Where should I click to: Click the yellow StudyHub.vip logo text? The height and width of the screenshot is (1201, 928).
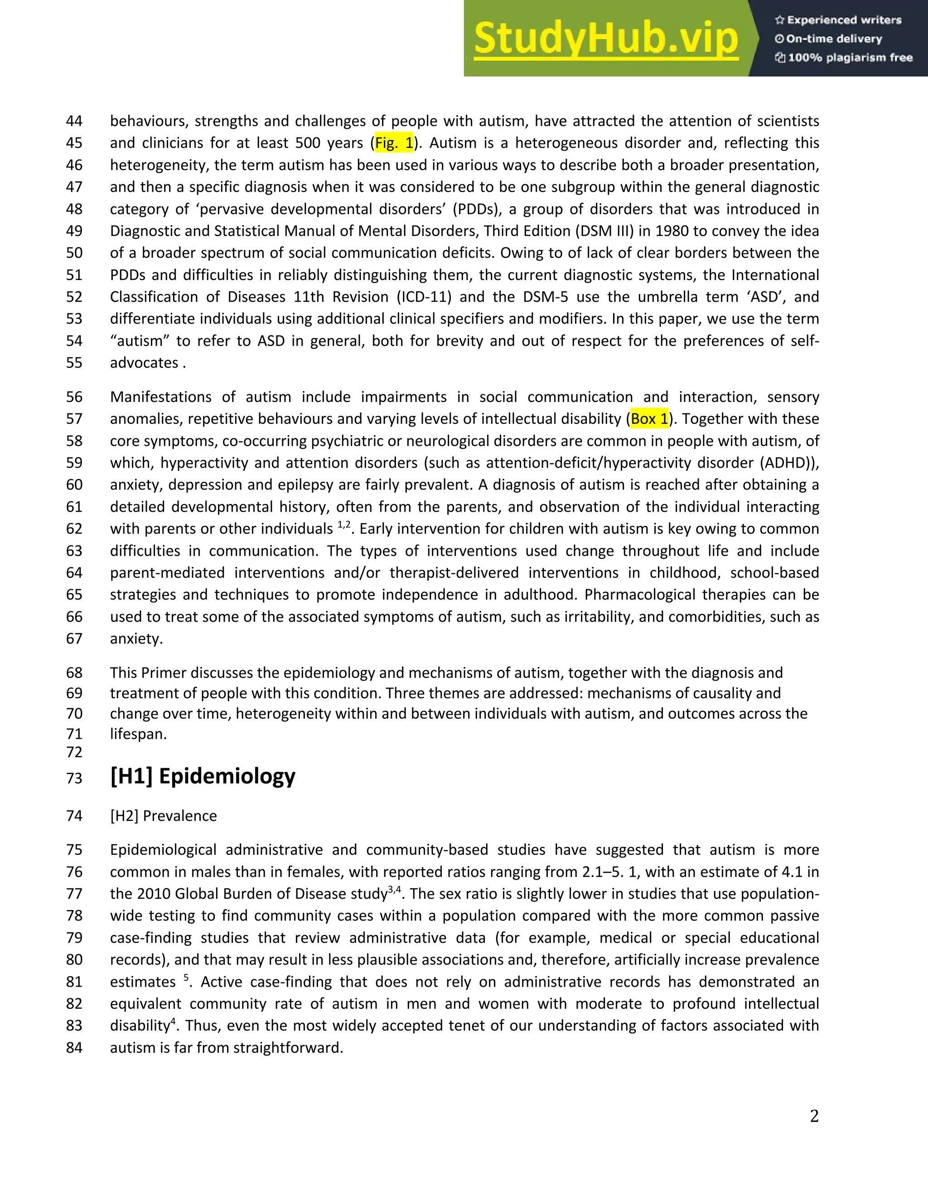[x=606, y=39]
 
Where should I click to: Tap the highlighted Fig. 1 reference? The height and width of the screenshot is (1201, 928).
[x=394, y=143]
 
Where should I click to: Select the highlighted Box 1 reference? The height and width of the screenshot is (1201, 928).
[x=649, y=419]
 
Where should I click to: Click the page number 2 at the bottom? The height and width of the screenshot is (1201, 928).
[x=814, y=1116]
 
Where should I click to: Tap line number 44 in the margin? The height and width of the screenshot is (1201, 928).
[x=74, y=121]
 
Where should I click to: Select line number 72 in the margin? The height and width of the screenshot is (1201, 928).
[x=74, y=752]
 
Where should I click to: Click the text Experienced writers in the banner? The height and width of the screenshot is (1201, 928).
[x=844, y=20]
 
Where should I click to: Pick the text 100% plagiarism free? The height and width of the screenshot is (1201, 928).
[x=850, y=58]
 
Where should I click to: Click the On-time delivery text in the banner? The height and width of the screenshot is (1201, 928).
[x=833, y=39]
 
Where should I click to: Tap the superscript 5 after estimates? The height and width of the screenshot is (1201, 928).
[x=186, y=977]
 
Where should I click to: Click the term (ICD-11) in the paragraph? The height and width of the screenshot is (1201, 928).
[x=424, y=297]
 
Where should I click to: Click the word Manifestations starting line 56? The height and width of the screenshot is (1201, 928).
[x=160, y=397]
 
